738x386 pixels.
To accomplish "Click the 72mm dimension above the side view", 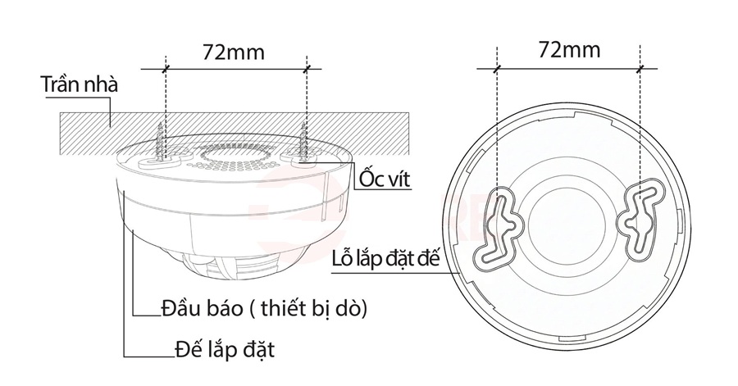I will (x=234, y=52).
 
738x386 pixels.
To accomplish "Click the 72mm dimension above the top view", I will (x=569, y=49).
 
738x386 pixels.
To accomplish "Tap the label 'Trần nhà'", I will (x=80, y=85).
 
